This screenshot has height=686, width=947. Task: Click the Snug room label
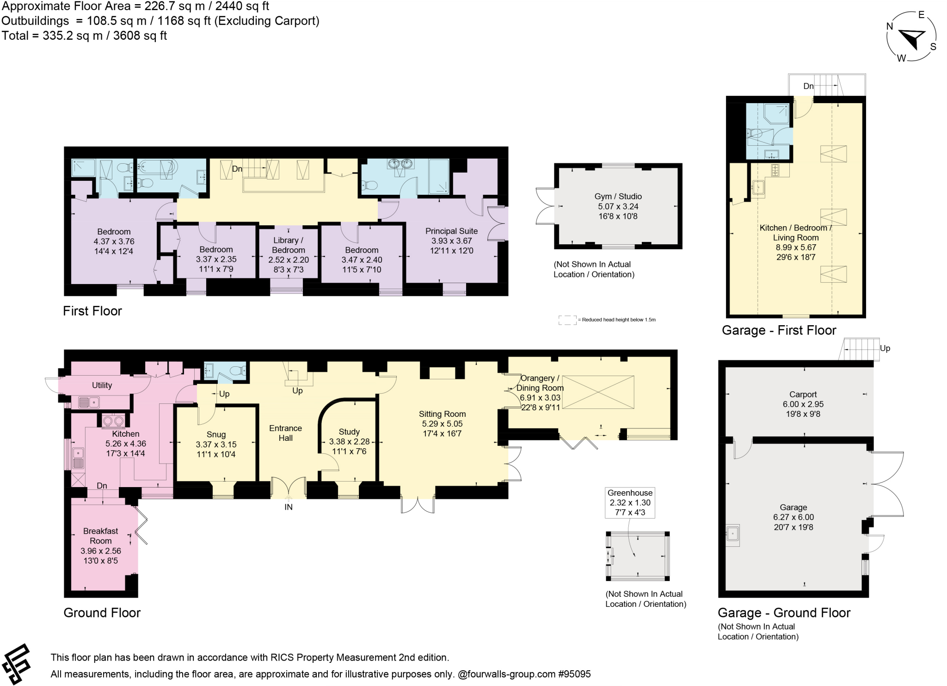coord(216,434)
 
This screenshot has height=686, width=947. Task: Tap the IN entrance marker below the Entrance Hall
coord(288,507)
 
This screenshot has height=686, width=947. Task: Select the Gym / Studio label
coord(618,196)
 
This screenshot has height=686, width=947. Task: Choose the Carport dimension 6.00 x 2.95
coord(803,404)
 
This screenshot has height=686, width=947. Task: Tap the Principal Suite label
coord(451,231)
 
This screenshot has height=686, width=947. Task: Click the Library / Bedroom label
coord(288,245)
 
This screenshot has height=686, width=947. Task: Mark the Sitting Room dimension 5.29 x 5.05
coord(442,424)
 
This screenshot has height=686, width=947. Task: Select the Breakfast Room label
coord(100,536)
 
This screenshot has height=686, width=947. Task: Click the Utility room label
coord(102,385)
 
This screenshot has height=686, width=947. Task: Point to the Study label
coord(349,432)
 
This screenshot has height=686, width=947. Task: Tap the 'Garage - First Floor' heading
coord(779,330)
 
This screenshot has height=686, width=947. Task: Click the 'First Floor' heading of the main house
coord(92,311)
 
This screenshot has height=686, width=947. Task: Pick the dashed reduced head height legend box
coord(567,320)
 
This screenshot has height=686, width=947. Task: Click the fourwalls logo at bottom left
coord(16,664)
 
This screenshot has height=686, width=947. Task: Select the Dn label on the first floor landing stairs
coord(237,169)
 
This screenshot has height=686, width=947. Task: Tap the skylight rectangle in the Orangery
coord(598,392)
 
